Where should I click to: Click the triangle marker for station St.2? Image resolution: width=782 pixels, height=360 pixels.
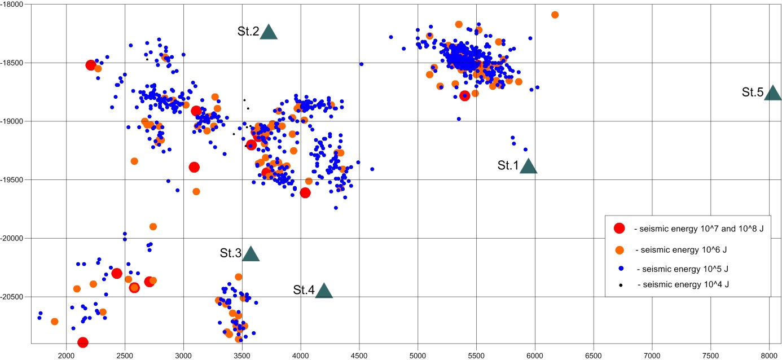coord(269,33)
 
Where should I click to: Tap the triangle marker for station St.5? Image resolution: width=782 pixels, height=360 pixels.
coord(772,94)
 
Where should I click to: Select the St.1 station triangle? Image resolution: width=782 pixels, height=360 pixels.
coord(528,166)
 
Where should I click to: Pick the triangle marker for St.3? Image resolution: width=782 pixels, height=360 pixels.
coord(251,254)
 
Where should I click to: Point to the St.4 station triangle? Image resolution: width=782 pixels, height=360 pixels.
coord(324,291)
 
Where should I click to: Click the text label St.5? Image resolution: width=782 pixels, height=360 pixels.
coord(753,92)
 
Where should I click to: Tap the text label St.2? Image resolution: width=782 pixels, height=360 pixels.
coord(248,32)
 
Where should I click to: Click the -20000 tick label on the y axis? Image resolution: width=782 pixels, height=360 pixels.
coord(15,238)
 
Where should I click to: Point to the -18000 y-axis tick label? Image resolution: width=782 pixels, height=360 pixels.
coord(15,4)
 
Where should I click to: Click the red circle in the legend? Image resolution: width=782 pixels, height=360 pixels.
coord(619,229)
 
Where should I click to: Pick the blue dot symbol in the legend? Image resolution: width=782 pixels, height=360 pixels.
coord(620,267)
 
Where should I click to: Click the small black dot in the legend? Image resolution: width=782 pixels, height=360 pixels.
coord(620,285)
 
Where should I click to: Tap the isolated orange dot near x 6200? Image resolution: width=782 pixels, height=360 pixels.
coord(555,15)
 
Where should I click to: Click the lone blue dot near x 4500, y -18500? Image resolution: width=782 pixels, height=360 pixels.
coord(361,64)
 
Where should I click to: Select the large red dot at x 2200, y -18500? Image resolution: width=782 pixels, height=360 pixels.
coord(90,65)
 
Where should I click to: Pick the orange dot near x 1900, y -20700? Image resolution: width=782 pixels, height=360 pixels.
coord(55,322)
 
